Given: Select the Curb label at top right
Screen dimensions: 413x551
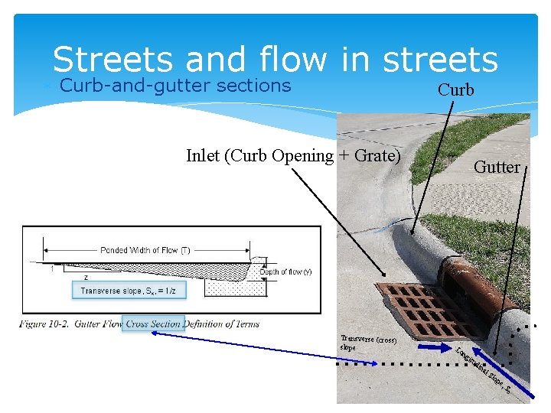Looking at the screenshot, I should pyautogui.click(x=455, y=89).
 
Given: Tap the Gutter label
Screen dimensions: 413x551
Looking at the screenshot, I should pyautogui.click(x=497, y=167).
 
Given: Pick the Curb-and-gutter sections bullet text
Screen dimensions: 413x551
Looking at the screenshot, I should pyautogui.click(x=175, y=85).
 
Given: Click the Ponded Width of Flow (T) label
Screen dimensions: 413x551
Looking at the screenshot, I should pyautogui.click(x=145, y=250).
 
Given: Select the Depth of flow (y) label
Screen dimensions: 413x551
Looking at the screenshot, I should pyautogui.click(x=285, y=272).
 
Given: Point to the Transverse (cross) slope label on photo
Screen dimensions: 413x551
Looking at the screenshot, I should pyautogui.click(x=367, y=343).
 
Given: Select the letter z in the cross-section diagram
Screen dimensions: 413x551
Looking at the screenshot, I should pyautogui.click(x=86, y=278).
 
